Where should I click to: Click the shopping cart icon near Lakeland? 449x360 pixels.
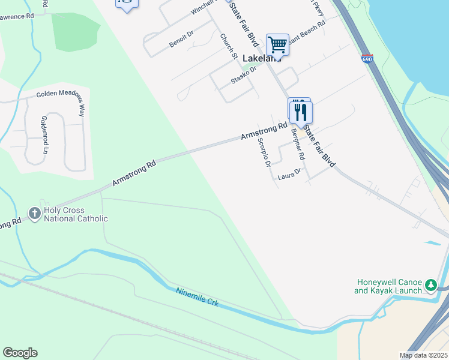[x=277, y=44]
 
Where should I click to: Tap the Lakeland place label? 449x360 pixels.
[x=263, y=58]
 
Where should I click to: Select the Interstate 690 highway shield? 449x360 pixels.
[x=367, y=59]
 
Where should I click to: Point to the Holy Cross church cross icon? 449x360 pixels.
[x=35, y=213]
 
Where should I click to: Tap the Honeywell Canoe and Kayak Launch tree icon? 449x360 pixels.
[x=430, y=286]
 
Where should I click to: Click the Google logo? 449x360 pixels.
[x=20, y=353]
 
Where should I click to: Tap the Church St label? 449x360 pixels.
[x=229, y=46]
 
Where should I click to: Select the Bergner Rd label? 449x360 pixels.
[x=298, y=144]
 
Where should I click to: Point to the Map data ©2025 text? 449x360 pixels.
[x=424, y=355]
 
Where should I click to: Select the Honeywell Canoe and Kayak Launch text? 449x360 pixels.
[x=390, y=286]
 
